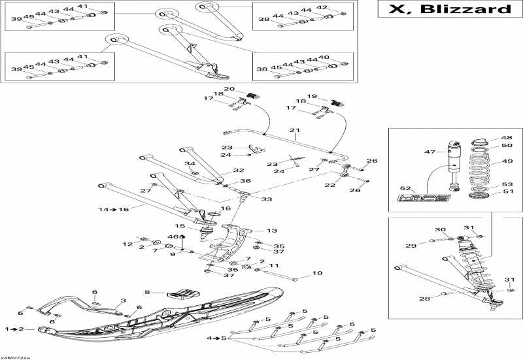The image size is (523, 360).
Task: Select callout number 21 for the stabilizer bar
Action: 294,130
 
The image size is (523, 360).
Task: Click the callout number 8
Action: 148,292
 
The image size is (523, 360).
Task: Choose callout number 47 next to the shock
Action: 430,152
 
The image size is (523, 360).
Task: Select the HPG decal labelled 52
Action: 425,197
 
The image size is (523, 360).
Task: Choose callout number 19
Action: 312,96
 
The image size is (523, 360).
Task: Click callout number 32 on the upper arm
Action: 220,171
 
